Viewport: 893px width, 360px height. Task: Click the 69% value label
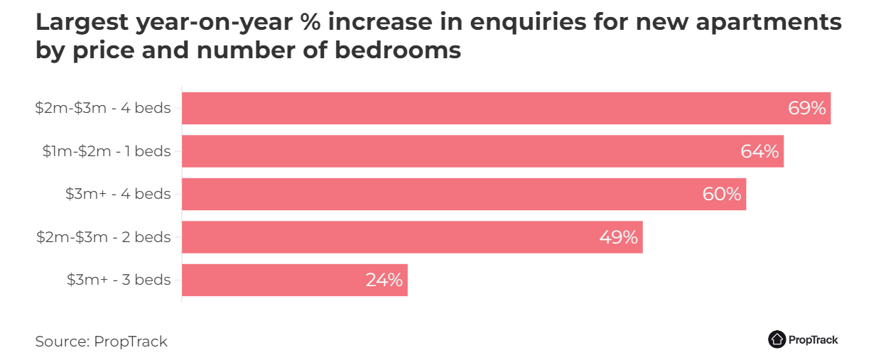point(806,109)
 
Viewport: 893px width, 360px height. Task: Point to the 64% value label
point(759,151)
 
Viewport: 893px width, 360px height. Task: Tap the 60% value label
point(722,194)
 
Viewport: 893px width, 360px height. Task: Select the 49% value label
point(618,237)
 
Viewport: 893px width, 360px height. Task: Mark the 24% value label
point(384,280)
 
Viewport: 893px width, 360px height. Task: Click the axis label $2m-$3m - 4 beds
point(103,109)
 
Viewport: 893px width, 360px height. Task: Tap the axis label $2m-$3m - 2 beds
point(104,237)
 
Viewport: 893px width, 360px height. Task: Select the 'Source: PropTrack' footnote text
point(101,342)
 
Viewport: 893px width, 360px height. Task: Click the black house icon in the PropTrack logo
point(776,339)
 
